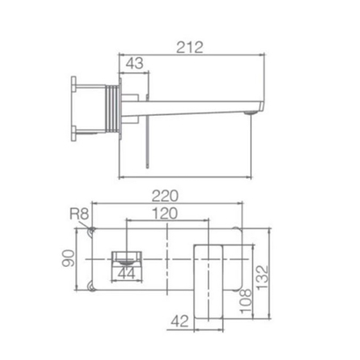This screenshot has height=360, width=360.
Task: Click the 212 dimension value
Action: coord(190,47)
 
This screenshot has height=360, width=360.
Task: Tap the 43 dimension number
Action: coord(134,63)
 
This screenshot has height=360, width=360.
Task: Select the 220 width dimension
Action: coord(165,196)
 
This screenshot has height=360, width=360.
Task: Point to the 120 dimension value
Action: coord(164,213)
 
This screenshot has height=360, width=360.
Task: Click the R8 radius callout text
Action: coord(79,214)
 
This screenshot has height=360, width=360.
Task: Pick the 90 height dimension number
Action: coord(68,258)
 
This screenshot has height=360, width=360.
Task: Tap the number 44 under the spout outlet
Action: coord(126,273)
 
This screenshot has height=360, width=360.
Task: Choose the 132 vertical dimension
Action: coord(263,277)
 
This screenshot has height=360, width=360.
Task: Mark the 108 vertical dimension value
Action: coord(245,301)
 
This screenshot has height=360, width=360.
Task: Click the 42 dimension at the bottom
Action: coord(180,321)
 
